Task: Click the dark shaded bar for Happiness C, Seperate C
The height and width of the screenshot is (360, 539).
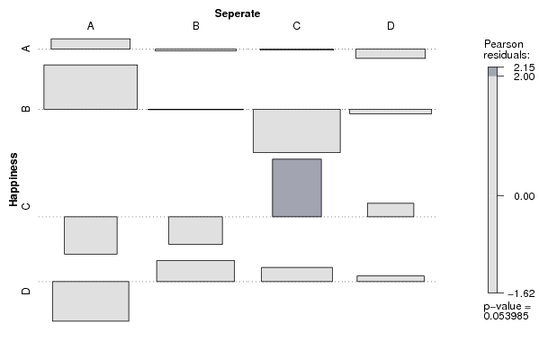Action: coord(297,188)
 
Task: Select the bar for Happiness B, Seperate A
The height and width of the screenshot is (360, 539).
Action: coord(90,87)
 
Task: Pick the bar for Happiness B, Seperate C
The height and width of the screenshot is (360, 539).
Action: coord(297,130)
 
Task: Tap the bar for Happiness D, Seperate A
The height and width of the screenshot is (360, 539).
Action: coord(91,301)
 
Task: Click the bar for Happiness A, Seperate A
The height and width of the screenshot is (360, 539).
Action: coord(90,44)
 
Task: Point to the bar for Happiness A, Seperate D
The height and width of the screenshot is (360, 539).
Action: coord(391,54)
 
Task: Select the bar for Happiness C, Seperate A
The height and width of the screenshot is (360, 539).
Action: coord(91,236)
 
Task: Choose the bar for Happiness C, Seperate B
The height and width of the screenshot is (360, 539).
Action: coord(195,230)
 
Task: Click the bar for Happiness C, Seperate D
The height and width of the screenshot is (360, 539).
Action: coord(391,210)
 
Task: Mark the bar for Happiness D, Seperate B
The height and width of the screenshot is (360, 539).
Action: coord(195,271)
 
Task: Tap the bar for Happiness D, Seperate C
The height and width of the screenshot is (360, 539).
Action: coord(297,274)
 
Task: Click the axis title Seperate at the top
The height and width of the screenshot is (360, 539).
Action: coord(238,13)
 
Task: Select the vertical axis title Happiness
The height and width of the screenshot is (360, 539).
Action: coord(13,180)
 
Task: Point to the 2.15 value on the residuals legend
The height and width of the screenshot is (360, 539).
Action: coord(525,67)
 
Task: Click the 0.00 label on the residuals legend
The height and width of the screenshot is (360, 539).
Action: coord(525,196)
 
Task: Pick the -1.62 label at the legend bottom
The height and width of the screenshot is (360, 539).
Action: coord(522,293)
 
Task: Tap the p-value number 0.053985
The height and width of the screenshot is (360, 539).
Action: coord(506,316)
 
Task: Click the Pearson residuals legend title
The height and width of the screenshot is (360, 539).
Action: coord(507,49)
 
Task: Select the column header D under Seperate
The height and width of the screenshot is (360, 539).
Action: coord(391,26)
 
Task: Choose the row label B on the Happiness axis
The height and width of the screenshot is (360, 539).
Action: coord(26,109)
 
